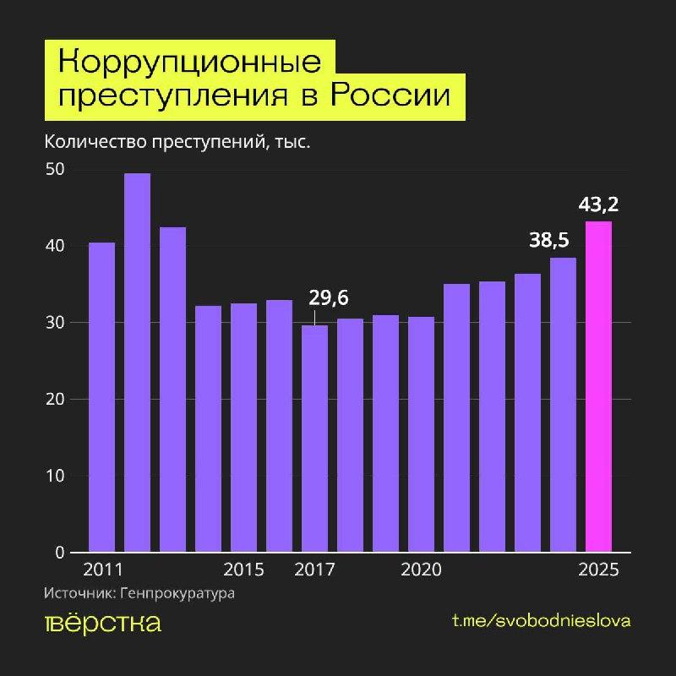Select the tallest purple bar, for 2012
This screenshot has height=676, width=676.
(x=137, y=363)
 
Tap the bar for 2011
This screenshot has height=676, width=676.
(x=101, y=397)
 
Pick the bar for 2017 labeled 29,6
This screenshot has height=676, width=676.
(x=314, y=439)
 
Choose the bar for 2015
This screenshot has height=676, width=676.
(x=243, y=428)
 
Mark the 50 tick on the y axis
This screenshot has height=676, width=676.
(x=56, y=170)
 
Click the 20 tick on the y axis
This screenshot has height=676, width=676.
(x=56, y=400)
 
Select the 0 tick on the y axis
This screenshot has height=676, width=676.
(x=60, y=553)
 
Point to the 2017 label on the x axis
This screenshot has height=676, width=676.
(x=314, y=570)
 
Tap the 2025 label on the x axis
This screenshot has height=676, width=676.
(x=599, y=570)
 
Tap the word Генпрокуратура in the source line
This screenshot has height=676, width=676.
(x=177, y=593)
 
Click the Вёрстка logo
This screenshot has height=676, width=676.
(x=102, y=623)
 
